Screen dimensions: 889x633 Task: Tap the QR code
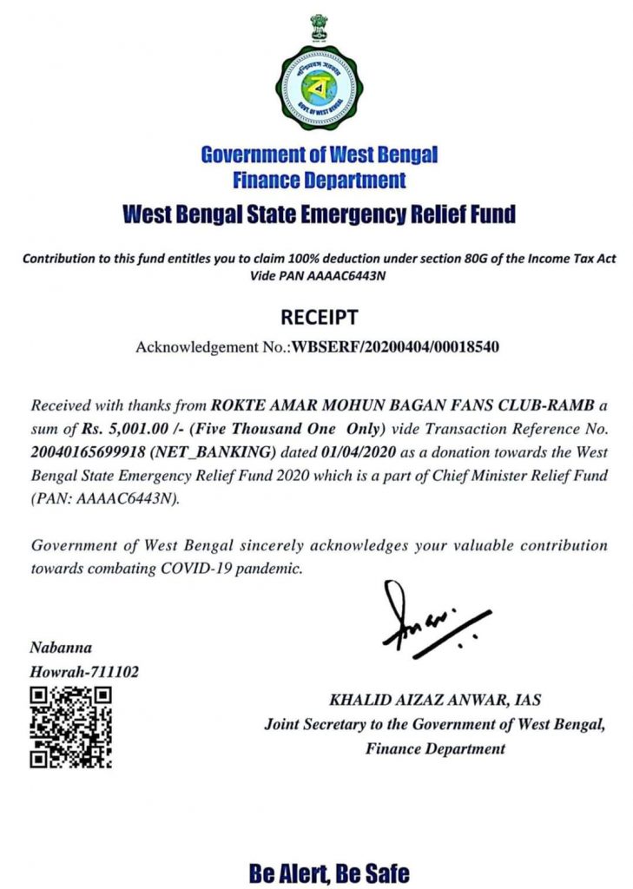[70, 726]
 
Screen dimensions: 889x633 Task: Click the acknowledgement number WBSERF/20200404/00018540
[395, 347]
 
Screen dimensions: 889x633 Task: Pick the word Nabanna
[62, 647]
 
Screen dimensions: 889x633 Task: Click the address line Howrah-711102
[84, 671]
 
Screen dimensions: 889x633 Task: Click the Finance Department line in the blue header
[319, 181]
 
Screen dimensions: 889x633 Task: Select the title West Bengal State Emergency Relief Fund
[319, 213]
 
